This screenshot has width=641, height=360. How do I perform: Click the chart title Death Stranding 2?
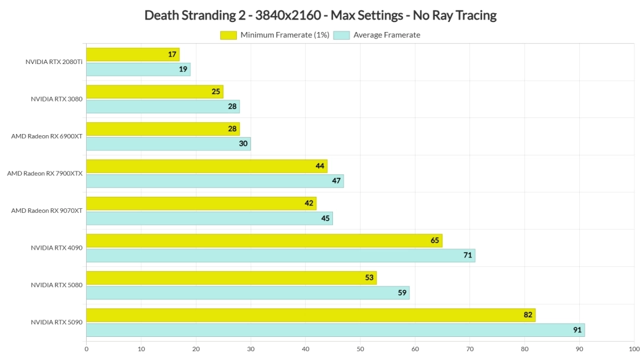click(320, 15)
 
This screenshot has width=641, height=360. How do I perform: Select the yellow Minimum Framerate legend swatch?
click(228, 35)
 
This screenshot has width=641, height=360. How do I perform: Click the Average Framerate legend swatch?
click(342, 35)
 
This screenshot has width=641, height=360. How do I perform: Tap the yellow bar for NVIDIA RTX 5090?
click(310, 315)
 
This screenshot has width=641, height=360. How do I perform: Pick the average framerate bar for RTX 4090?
click(280, 256)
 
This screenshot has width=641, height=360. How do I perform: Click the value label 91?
click(577, 330)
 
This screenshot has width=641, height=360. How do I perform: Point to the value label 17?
click(173, 55)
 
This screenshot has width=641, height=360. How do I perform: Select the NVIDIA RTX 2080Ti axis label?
click(53, 62)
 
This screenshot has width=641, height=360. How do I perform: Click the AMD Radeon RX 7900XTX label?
click(45, 173)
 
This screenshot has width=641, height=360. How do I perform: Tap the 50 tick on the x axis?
click(360, 349)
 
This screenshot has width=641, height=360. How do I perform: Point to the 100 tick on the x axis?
click(633, 349)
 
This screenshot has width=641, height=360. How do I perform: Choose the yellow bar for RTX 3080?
click(154, 92)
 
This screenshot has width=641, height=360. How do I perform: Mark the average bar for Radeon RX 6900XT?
click(168, 144)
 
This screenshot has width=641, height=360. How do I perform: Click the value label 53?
click(370, 278)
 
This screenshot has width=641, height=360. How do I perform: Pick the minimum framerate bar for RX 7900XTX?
click(207, 166)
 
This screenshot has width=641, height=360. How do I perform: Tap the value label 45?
click(326, 218)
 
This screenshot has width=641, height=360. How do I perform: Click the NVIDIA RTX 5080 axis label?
click(56, 285)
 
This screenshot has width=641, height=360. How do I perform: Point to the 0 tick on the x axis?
click(87, 349)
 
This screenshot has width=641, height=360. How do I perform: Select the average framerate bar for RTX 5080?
click(247, 293)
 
